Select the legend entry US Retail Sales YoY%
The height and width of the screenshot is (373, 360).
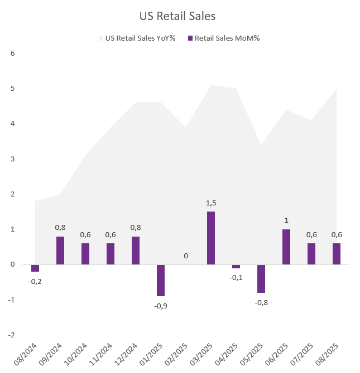click(x=140, y=38)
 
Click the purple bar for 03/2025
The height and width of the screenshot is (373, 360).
click(x=211, y=238)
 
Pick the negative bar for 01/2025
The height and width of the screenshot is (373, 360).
click(x=161, y=280)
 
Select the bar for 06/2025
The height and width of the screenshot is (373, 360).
click(x=286, y=247)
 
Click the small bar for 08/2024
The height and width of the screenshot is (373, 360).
click(x=35, y=268)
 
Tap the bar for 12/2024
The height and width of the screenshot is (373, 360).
click(x=136, y=251)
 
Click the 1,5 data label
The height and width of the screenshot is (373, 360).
click(x=211, y=203)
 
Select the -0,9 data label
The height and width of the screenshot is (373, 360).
click(x=161, y=305)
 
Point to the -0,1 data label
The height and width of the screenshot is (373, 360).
click(x=236, y=277)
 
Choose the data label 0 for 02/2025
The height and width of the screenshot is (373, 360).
click(x=186, y=256)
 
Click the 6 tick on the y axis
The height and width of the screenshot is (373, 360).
click(x=13, y=53)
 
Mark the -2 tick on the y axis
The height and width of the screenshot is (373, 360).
click(x=12, y=335)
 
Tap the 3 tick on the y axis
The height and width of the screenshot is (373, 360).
click(x=13, y=159)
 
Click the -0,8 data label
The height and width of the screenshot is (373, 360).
click(x=261, y=302)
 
